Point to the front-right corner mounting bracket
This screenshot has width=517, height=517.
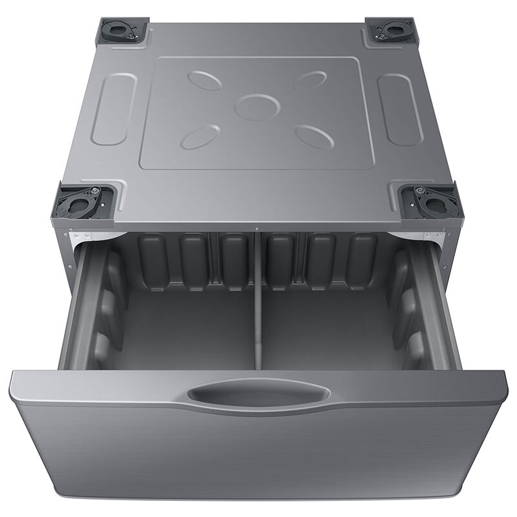pos(429,202)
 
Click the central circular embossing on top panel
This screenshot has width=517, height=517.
pos(257,107)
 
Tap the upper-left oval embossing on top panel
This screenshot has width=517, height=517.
pos(205,80)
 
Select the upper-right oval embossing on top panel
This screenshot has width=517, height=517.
pos(310,80)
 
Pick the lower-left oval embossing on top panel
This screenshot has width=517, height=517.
pos(200,136)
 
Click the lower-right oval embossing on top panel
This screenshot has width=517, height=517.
pos(315,136)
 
